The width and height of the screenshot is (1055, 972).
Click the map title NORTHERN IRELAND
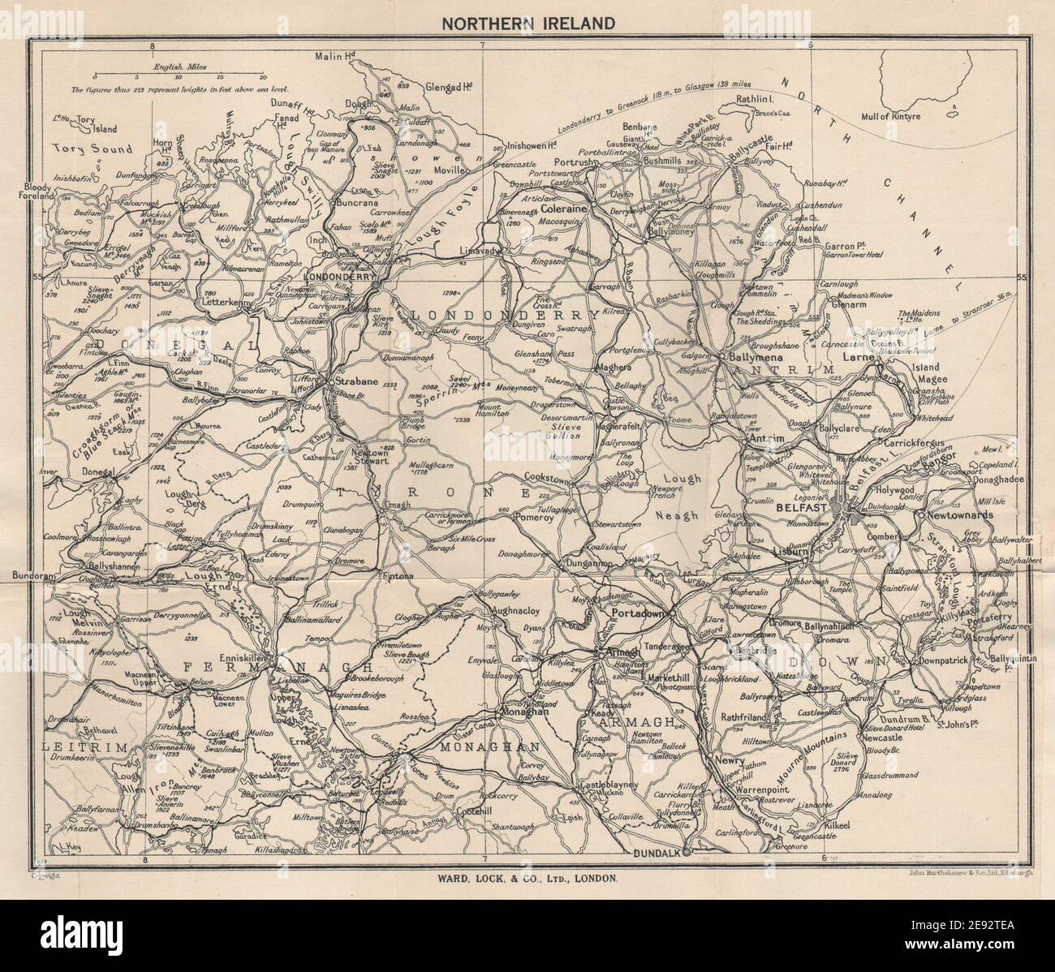pyautogui.click(x=527, y=23)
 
